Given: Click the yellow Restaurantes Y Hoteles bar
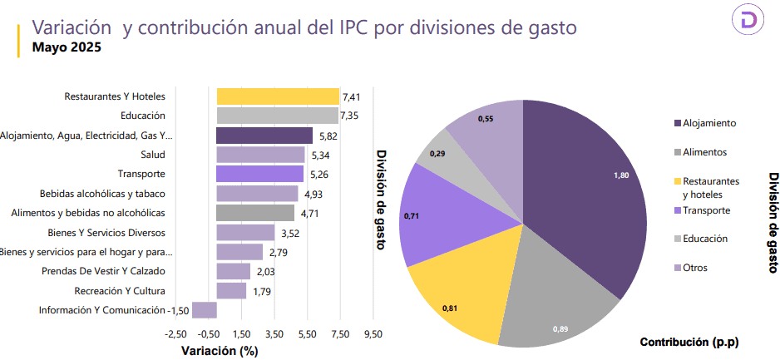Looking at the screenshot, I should click(278, 96).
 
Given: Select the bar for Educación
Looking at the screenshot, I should click(277, 116).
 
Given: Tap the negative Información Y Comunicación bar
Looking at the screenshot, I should click(205, 310).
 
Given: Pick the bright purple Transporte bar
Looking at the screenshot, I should click(259, 174).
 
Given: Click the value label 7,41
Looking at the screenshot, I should click(353, 97).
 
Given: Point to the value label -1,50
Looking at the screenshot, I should click(179, 310).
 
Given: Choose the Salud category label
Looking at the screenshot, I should click(153, 155).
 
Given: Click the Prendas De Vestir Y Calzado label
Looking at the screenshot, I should click(104, 271).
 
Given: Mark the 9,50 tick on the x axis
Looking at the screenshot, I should click(373, 333).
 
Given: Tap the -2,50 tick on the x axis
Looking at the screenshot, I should click(176, 333).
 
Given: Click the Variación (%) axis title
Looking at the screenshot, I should click(220, 350).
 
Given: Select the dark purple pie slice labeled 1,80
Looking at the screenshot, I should click(582, 191).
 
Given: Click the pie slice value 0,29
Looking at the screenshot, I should click(437, 154).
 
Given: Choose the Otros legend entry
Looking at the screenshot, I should click(695, 268).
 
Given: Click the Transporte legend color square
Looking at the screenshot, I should click(678, 210).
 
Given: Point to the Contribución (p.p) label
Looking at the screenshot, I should click(689, 343).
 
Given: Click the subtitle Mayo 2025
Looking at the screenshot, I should click(67, 47).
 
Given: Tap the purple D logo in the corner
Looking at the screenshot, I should click(747, 22).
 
